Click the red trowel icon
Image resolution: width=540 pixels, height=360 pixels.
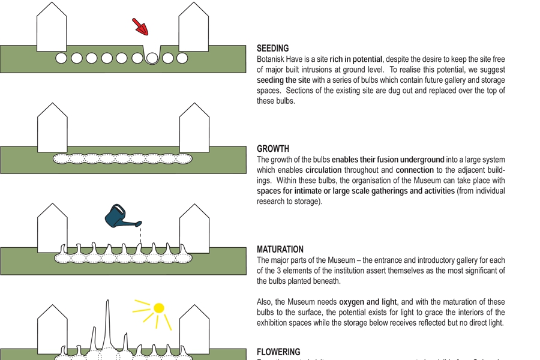pyautogui.click(x=140, y=26)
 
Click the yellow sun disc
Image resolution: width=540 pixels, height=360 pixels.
pyautogui.click(x=158, y=308)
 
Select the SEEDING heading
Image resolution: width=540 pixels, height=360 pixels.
pyautogui.click(x=272, y=48)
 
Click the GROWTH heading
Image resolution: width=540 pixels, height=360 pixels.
pyautogui.click(x=273, y=149)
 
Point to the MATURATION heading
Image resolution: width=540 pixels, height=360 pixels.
pyautogui.click(x=280, y=250)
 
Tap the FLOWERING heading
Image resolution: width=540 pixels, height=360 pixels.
pyautogui.click(x=278, y=352)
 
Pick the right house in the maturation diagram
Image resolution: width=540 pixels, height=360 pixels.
pyautogui.click(x=194, y=230)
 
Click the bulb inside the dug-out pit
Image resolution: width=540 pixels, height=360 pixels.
pyautogui.click(x=152, y=58)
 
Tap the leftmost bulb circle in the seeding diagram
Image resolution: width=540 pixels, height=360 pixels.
pyautogui.click(x=61, y=58)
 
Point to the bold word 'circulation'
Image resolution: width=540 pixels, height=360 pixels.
pyautogui.click(x=323, y=170)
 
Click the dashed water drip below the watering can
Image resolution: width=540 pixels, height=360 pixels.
pyautogui.click(x=140, y=234)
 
